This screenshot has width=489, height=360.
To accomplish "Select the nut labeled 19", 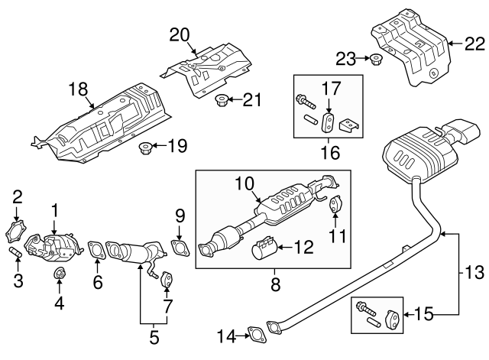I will (144, 147).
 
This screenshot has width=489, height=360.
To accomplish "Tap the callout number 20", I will (179, 34).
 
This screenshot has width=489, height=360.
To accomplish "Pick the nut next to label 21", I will (222, 99).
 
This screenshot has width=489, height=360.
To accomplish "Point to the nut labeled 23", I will (377, 59).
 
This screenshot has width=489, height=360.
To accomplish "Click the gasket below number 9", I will (180, 246).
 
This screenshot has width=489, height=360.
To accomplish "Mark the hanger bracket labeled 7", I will (167, 281).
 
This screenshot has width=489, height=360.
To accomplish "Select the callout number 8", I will (275, 284).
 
